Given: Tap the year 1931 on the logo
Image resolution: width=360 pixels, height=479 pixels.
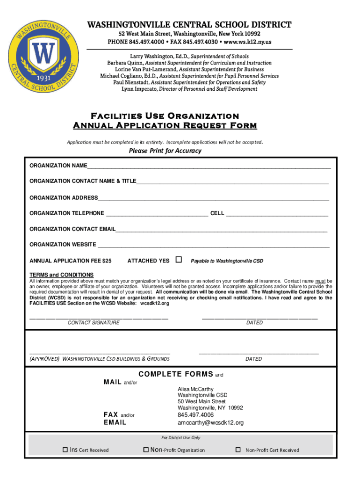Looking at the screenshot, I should pos(44,78).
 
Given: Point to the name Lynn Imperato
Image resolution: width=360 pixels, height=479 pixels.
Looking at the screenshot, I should pos(139,89).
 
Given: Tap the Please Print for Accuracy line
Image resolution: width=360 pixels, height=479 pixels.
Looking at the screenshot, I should pos(165,151).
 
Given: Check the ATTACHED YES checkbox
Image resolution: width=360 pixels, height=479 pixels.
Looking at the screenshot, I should pos(179,260).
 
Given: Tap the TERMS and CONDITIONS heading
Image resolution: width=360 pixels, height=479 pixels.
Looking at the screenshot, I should pos(62,275).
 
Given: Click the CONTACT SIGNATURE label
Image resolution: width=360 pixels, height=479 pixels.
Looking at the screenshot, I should pos(94,323).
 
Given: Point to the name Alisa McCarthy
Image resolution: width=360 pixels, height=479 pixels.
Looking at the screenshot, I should pos(195,389).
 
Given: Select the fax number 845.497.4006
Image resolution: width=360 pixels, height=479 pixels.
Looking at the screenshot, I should pos(195,415).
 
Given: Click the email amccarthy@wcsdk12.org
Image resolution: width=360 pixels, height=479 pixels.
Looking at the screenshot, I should pos(210,423).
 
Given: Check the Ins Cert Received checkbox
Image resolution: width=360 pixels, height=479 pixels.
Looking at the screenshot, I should pos(65,450).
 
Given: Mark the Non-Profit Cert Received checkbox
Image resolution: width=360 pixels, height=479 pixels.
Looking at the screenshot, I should pos(238,450).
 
